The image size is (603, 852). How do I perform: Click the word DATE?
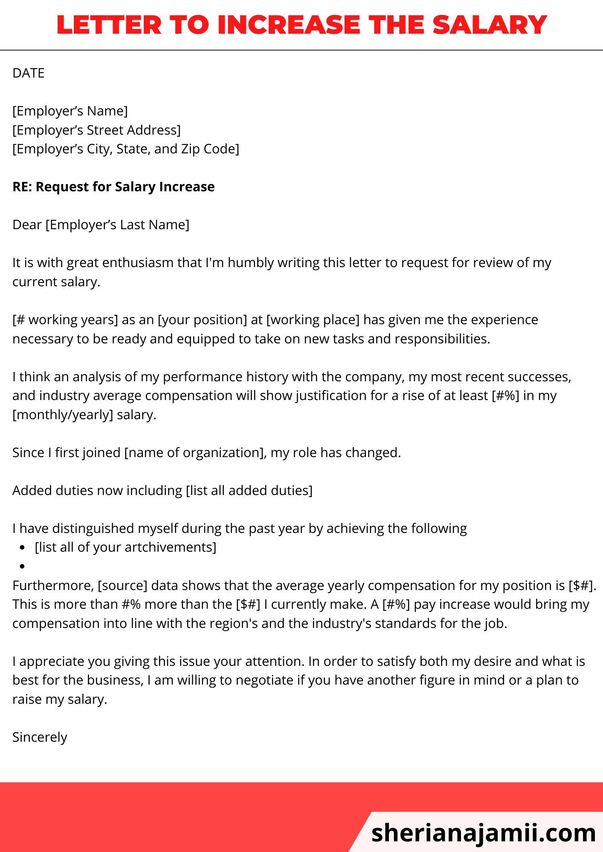coord(29,73)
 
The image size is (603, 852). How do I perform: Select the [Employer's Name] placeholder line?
coord(70,111)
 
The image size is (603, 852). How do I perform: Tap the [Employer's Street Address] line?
coord(96,130)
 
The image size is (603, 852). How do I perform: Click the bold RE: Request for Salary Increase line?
coord(113,187)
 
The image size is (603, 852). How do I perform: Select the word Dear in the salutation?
coord(27,225)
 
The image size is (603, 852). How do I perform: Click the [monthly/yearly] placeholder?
coord(63,414)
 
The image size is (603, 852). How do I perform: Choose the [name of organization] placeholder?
coord(195,452)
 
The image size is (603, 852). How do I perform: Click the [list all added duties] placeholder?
coord(249,490)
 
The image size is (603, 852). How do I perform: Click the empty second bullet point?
coord(22,566)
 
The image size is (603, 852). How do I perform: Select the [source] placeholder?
coord(122,586)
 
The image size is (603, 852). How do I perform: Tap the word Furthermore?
coord(52,586)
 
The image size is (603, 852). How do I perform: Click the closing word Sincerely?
coord(40,737)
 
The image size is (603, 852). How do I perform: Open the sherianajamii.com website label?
coord(484,833)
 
